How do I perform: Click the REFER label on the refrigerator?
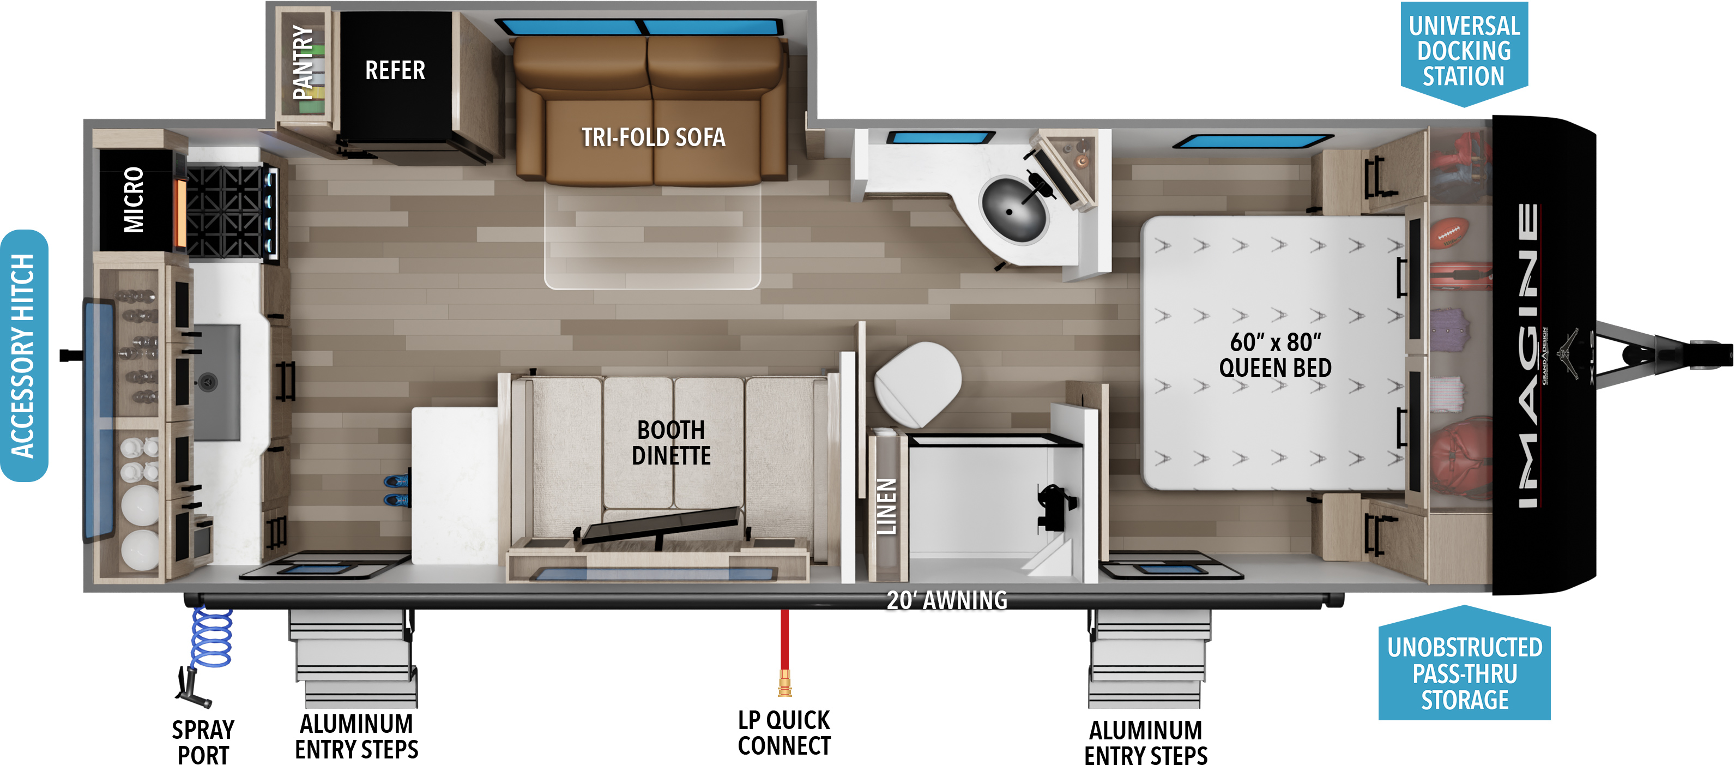point(395,70)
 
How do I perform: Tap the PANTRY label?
point(304,62)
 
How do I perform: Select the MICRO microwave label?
point(134,200)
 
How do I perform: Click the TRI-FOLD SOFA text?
point(654,137)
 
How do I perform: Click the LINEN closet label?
point(886,507)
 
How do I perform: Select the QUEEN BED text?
point(1276,368)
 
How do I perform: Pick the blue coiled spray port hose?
point(212,636)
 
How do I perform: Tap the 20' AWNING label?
point(946,600)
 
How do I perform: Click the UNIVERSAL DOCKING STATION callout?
point(1464,52)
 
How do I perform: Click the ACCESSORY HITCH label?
point(23,356)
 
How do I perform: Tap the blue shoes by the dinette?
point(396,490)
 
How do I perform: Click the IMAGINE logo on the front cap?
point(1528,355)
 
